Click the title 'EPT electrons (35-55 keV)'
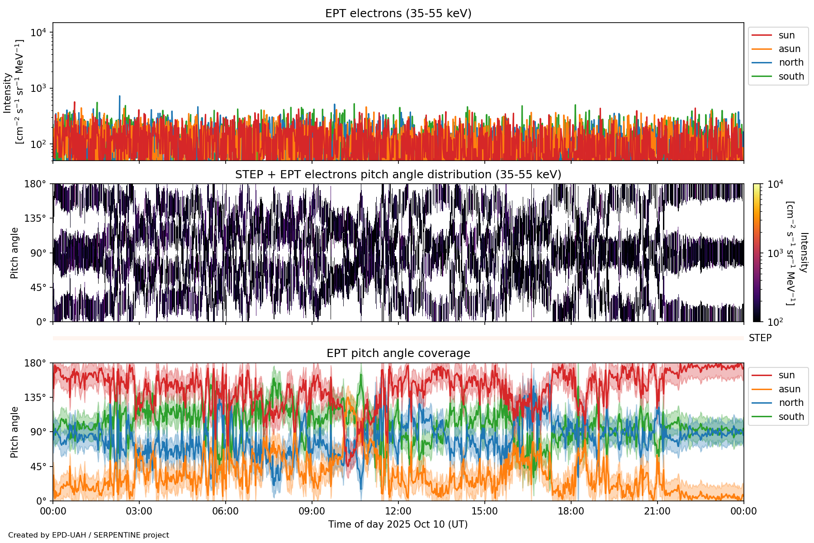pos(398,14)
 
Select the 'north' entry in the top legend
pos(791,62)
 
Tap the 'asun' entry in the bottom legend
pos(789,389)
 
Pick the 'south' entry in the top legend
pos(791,76)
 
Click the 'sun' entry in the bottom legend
pos(786,375)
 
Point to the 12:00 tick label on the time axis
pos(398,511)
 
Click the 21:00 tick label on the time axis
pos(657,511)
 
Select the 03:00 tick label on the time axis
pos(139,511)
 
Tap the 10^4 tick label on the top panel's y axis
pos(38,33)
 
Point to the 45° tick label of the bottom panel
pos(38,467)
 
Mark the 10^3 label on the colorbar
pos(775,253)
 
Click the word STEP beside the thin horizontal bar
pos(760,338)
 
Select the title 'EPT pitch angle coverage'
pos(398,353)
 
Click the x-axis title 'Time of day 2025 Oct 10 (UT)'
pos(398,524)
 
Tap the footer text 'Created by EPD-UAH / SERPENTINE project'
pos(89,535)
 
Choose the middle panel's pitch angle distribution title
pos(398,175)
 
